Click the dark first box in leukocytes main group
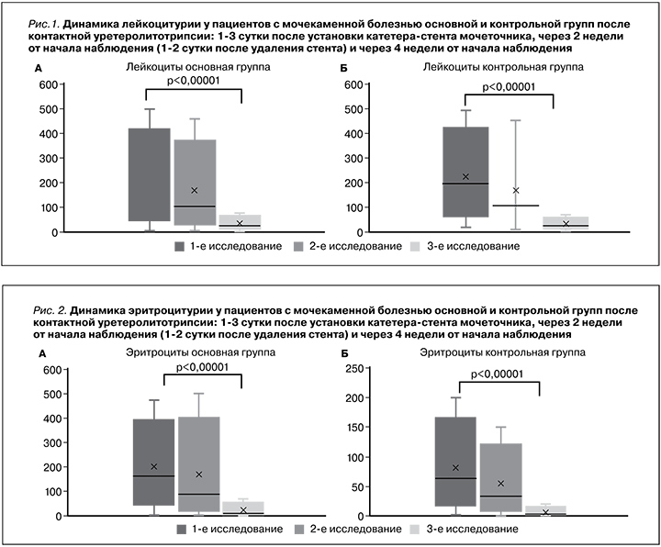[x=149, y=174]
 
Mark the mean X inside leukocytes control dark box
[x=465, y=177]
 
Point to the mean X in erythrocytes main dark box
[x=154, y=467]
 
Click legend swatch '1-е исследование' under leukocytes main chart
[x=180, y=247]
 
